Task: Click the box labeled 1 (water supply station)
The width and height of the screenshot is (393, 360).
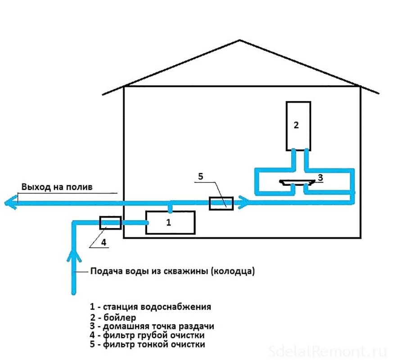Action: click(171, 222)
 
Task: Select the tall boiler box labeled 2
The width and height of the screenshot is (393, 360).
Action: click(298, 126)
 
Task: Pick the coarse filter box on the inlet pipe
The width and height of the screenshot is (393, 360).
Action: click(110, 222)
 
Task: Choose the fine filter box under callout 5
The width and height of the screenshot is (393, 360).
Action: click(221, 203)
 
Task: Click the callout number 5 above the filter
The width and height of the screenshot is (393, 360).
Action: click(201, 176)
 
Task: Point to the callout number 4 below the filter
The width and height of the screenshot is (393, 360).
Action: click(103, 242)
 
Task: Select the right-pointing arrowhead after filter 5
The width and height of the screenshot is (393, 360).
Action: click(243, 202)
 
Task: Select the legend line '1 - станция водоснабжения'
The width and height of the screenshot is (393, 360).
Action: click(150, 307)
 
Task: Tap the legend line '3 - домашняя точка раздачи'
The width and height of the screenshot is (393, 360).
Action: click(151, 326)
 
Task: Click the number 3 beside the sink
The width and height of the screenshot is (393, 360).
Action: click(320, 178)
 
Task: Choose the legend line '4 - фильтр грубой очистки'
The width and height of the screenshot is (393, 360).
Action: click(148, 336)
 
